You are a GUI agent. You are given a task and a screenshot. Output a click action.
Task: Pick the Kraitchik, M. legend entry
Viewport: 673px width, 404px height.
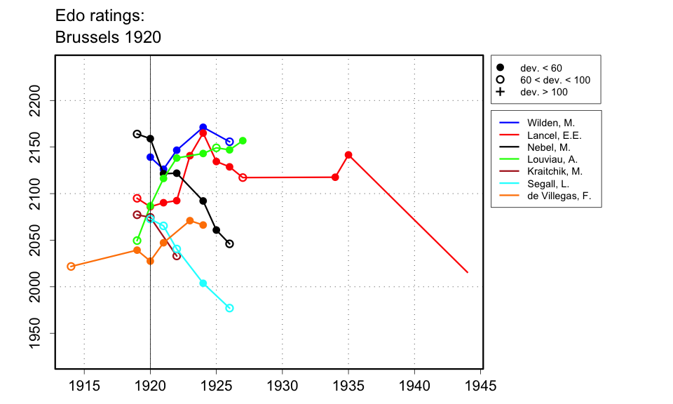[555, 171]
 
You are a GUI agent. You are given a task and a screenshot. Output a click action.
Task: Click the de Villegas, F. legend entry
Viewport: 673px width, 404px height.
[559, 196]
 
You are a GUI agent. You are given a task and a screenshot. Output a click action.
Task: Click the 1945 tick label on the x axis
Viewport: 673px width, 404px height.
[480, 386]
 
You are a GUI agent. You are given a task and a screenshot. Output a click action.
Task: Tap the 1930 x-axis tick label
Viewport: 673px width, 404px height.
[283, 386]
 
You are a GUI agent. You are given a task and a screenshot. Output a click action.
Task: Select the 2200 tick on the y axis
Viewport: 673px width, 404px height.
[39, 100]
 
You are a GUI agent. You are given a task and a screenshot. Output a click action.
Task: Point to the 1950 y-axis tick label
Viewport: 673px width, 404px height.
[39, 332]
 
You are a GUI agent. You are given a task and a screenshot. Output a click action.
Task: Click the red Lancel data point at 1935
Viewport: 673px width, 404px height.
[348, 155]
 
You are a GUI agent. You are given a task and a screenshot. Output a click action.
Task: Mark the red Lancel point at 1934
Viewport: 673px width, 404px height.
[335, 177]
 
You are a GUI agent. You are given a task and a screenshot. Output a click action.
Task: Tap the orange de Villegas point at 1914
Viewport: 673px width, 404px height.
[71, 267]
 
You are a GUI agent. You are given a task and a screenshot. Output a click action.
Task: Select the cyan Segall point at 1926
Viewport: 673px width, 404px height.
[229, 308]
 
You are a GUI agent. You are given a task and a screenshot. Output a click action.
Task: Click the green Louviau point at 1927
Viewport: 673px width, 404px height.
[243, 140]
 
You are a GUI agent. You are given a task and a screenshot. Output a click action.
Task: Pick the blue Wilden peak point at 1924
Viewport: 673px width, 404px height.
[203, 128]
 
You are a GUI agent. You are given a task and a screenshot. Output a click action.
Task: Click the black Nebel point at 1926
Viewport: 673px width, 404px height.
[229, 244]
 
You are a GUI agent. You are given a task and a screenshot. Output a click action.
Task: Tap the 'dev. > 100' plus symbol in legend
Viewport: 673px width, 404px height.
[500, 92]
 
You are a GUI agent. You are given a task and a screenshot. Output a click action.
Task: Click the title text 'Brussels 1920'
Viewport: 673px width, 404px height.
[108, 37]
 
